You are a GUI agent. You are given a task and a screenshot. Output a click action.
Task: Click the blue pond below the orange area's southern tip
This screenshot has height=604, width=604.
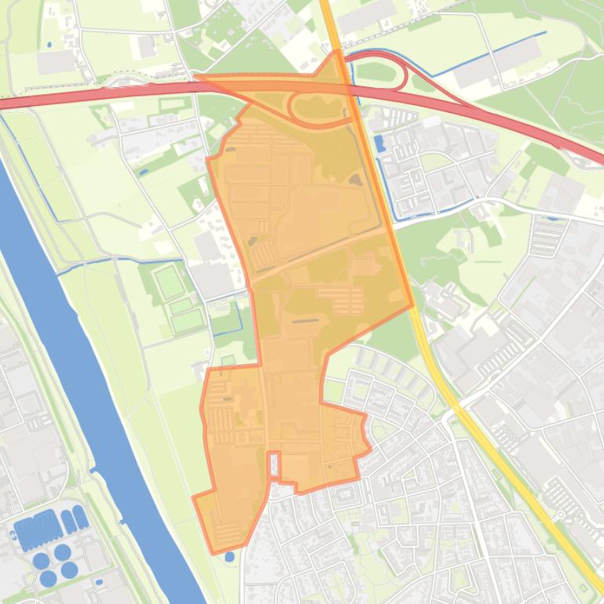coord(229,557)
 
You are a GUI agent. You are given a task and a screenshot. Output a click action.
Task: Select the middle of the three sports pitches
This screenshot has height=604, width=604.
coord(181,306)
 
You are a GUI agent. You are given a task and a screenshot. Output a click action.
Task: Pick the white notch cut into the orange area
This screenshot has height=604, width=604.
coord(274,464)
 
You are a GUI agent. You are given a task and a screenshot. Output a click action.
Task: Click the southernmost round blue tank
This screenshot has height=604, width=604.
coord(48,578)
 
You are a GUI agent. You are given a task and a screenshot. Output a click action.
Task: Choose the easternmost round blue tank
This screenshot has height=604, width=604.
coord(70,569)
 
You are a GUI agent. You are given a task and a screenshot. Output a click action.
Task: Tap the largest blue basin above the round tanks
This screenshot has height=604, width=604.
coord(36,532)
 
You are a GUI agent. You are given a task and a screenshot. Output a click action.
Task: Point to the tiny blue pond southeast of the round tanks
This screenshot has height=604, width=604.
coord(99,582)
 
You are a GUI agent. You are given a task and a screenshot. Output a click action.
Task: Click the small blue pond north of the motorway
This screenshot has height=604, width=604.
coord(49,45)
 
